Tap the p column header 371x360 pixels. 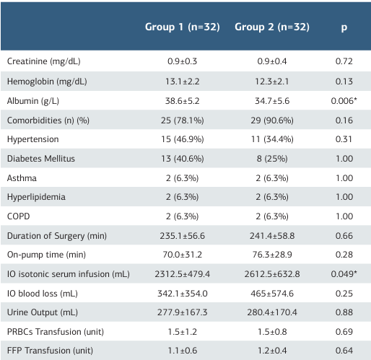344,27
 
